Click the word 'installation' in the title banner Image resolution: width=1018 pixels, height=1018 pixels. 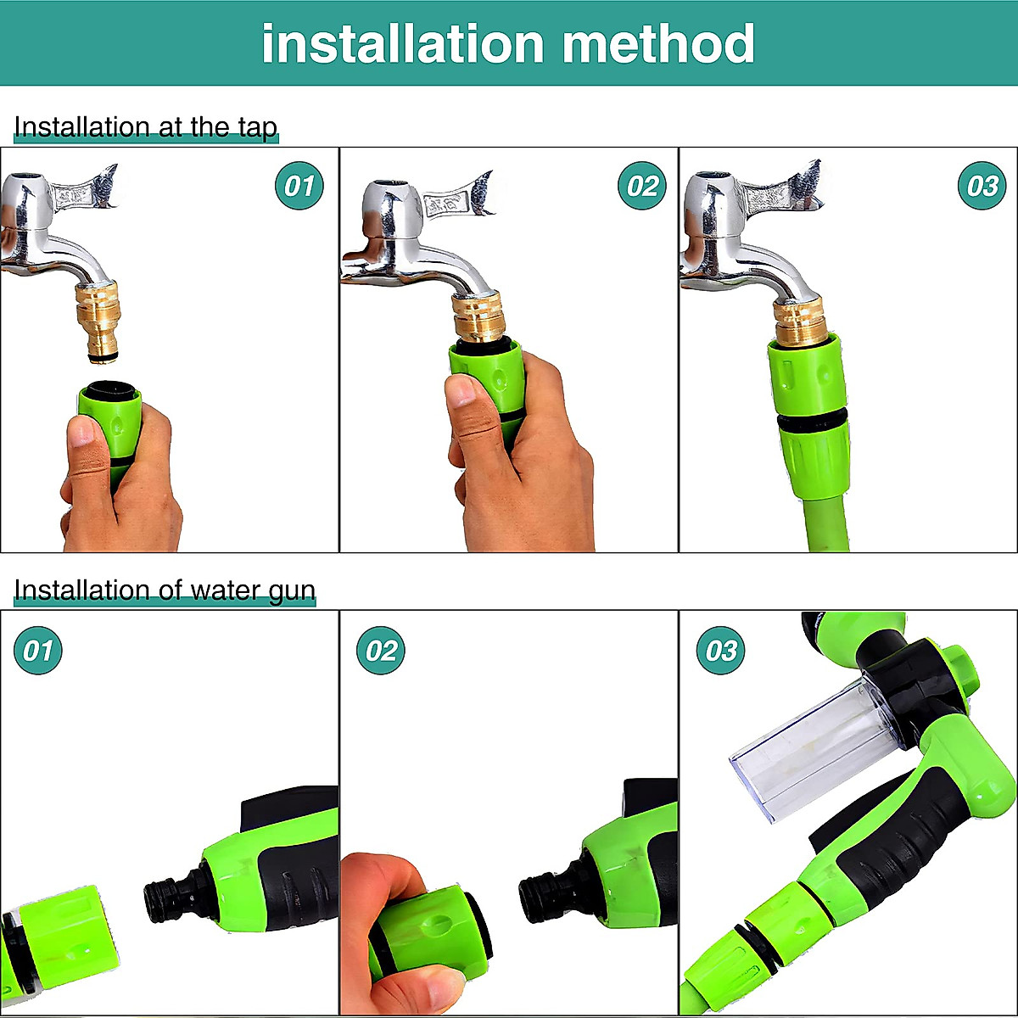(x=402, y=44)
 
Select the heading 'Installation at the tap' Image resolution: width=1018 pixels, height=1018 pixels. (x=146, y=127)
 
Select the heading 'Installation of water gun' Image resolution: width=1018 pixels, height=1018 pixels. (x=165, y=590)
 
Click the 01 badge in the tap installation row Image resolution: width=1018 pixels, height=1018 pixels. (x=299, y=186)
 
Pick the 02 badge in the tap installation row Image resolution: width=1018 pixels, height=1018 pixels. (x=641, y=186)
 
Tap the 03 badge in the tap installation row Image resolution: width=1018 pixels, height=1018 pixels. (x=982, y=186)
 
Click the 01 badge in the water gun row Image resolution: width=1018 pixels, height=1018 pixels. (x=38, y=651)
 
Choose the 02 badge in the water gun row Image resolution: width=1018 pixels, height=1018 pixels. (x=381, y=651)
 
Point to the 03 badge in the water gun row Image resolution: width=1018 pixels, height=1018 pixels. (x=720, y=651)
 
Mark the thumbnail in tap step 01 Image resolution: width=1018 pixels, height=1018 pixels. (x=82, y=432)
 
